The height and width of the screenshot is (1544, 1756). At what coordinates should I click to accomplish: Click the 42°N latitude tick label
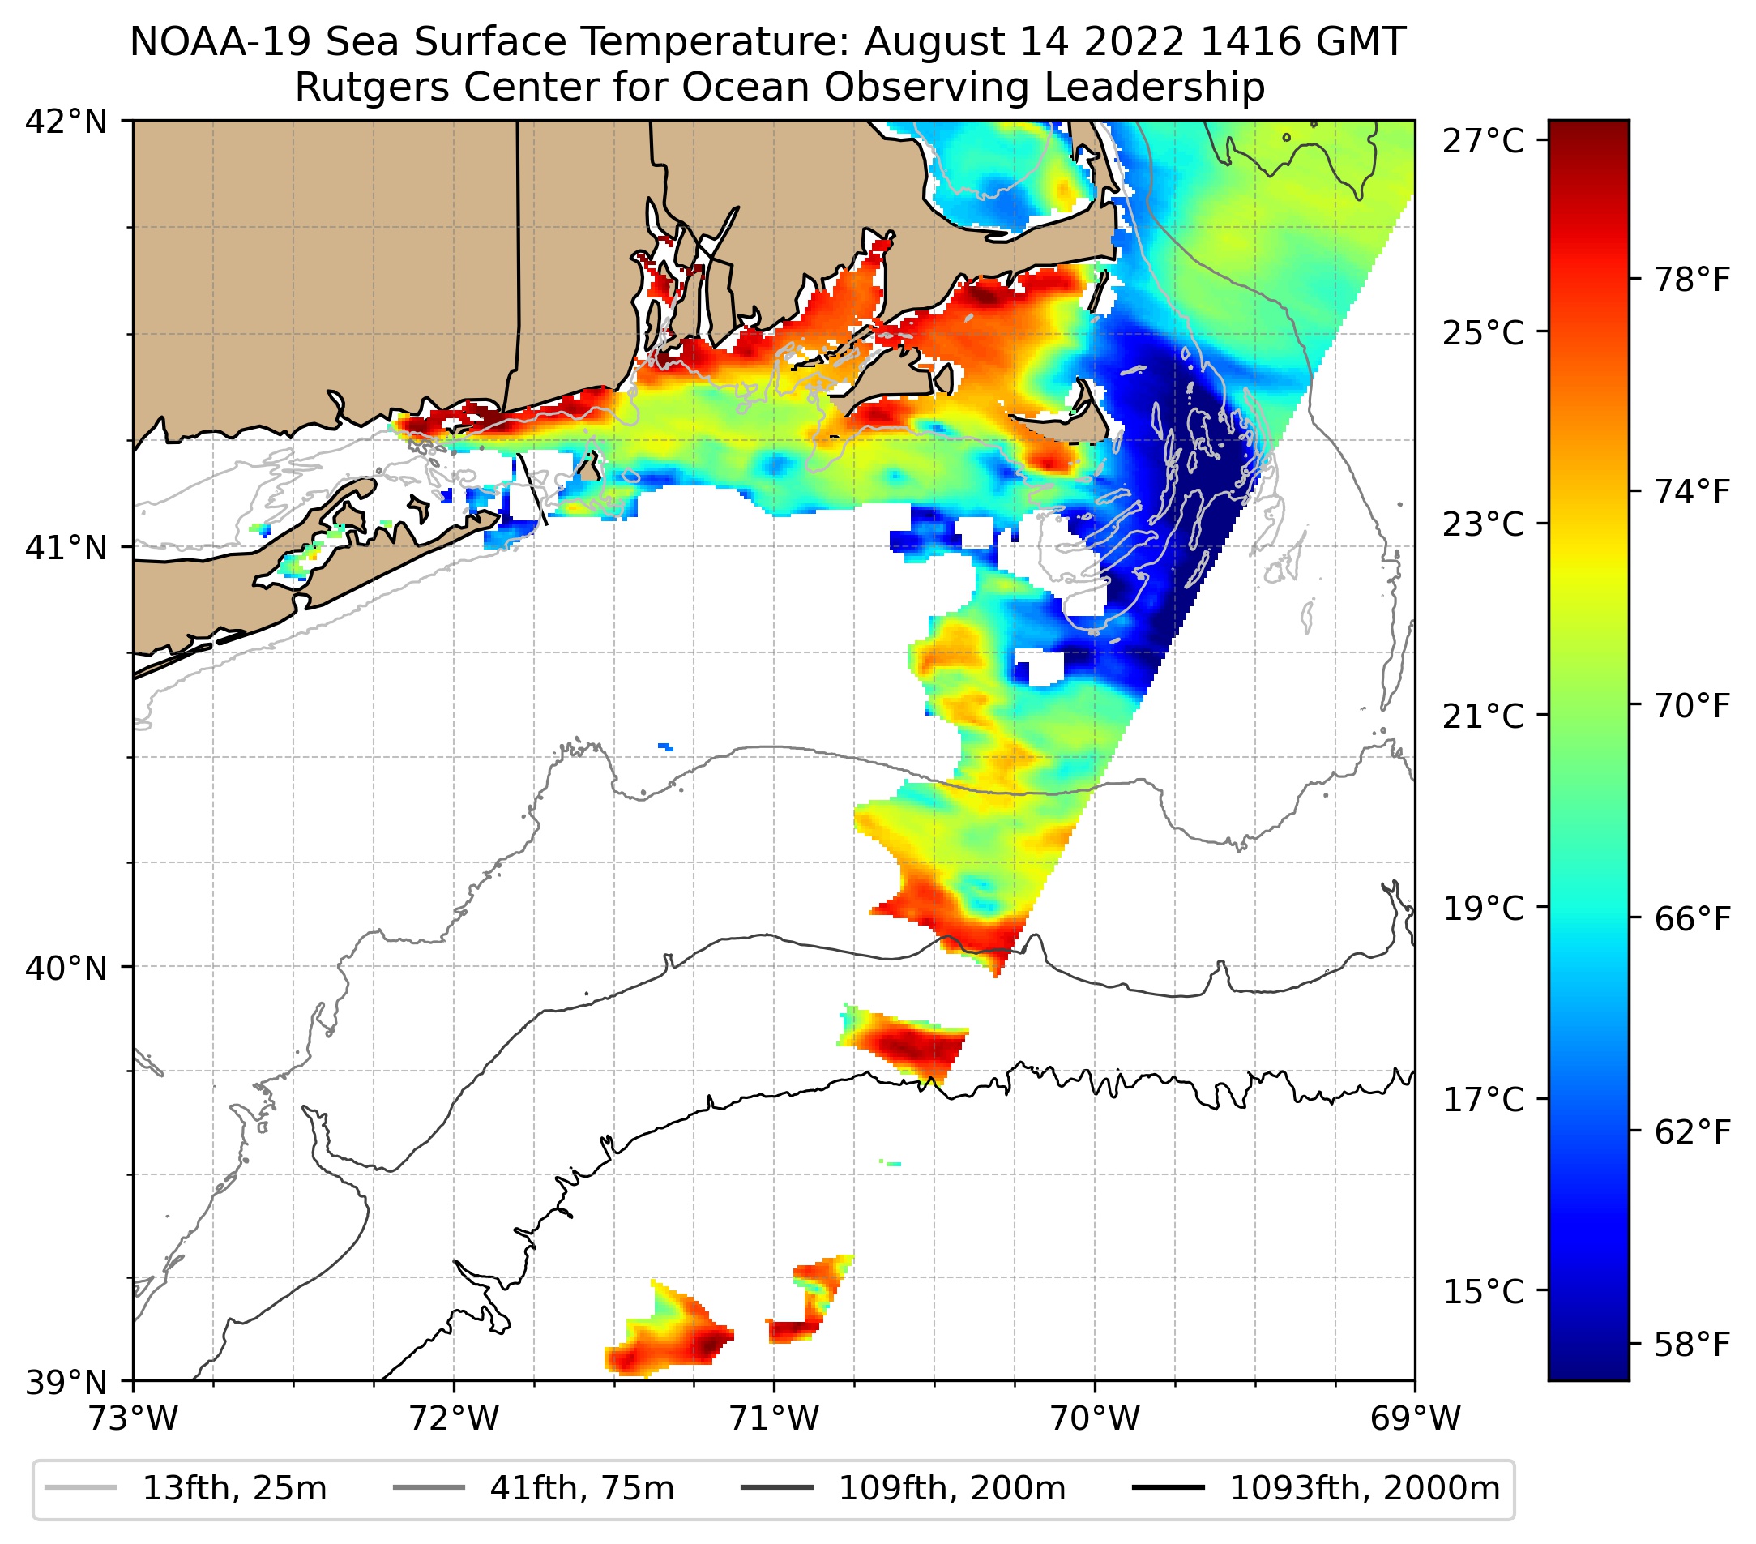pos(66,122)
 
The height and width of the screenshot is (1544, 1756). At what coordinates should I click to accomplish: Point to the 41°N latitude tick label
pos(66,546)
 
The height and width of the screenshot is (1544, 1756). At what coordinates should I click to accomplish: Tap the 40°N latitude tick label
pos(66,969)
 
